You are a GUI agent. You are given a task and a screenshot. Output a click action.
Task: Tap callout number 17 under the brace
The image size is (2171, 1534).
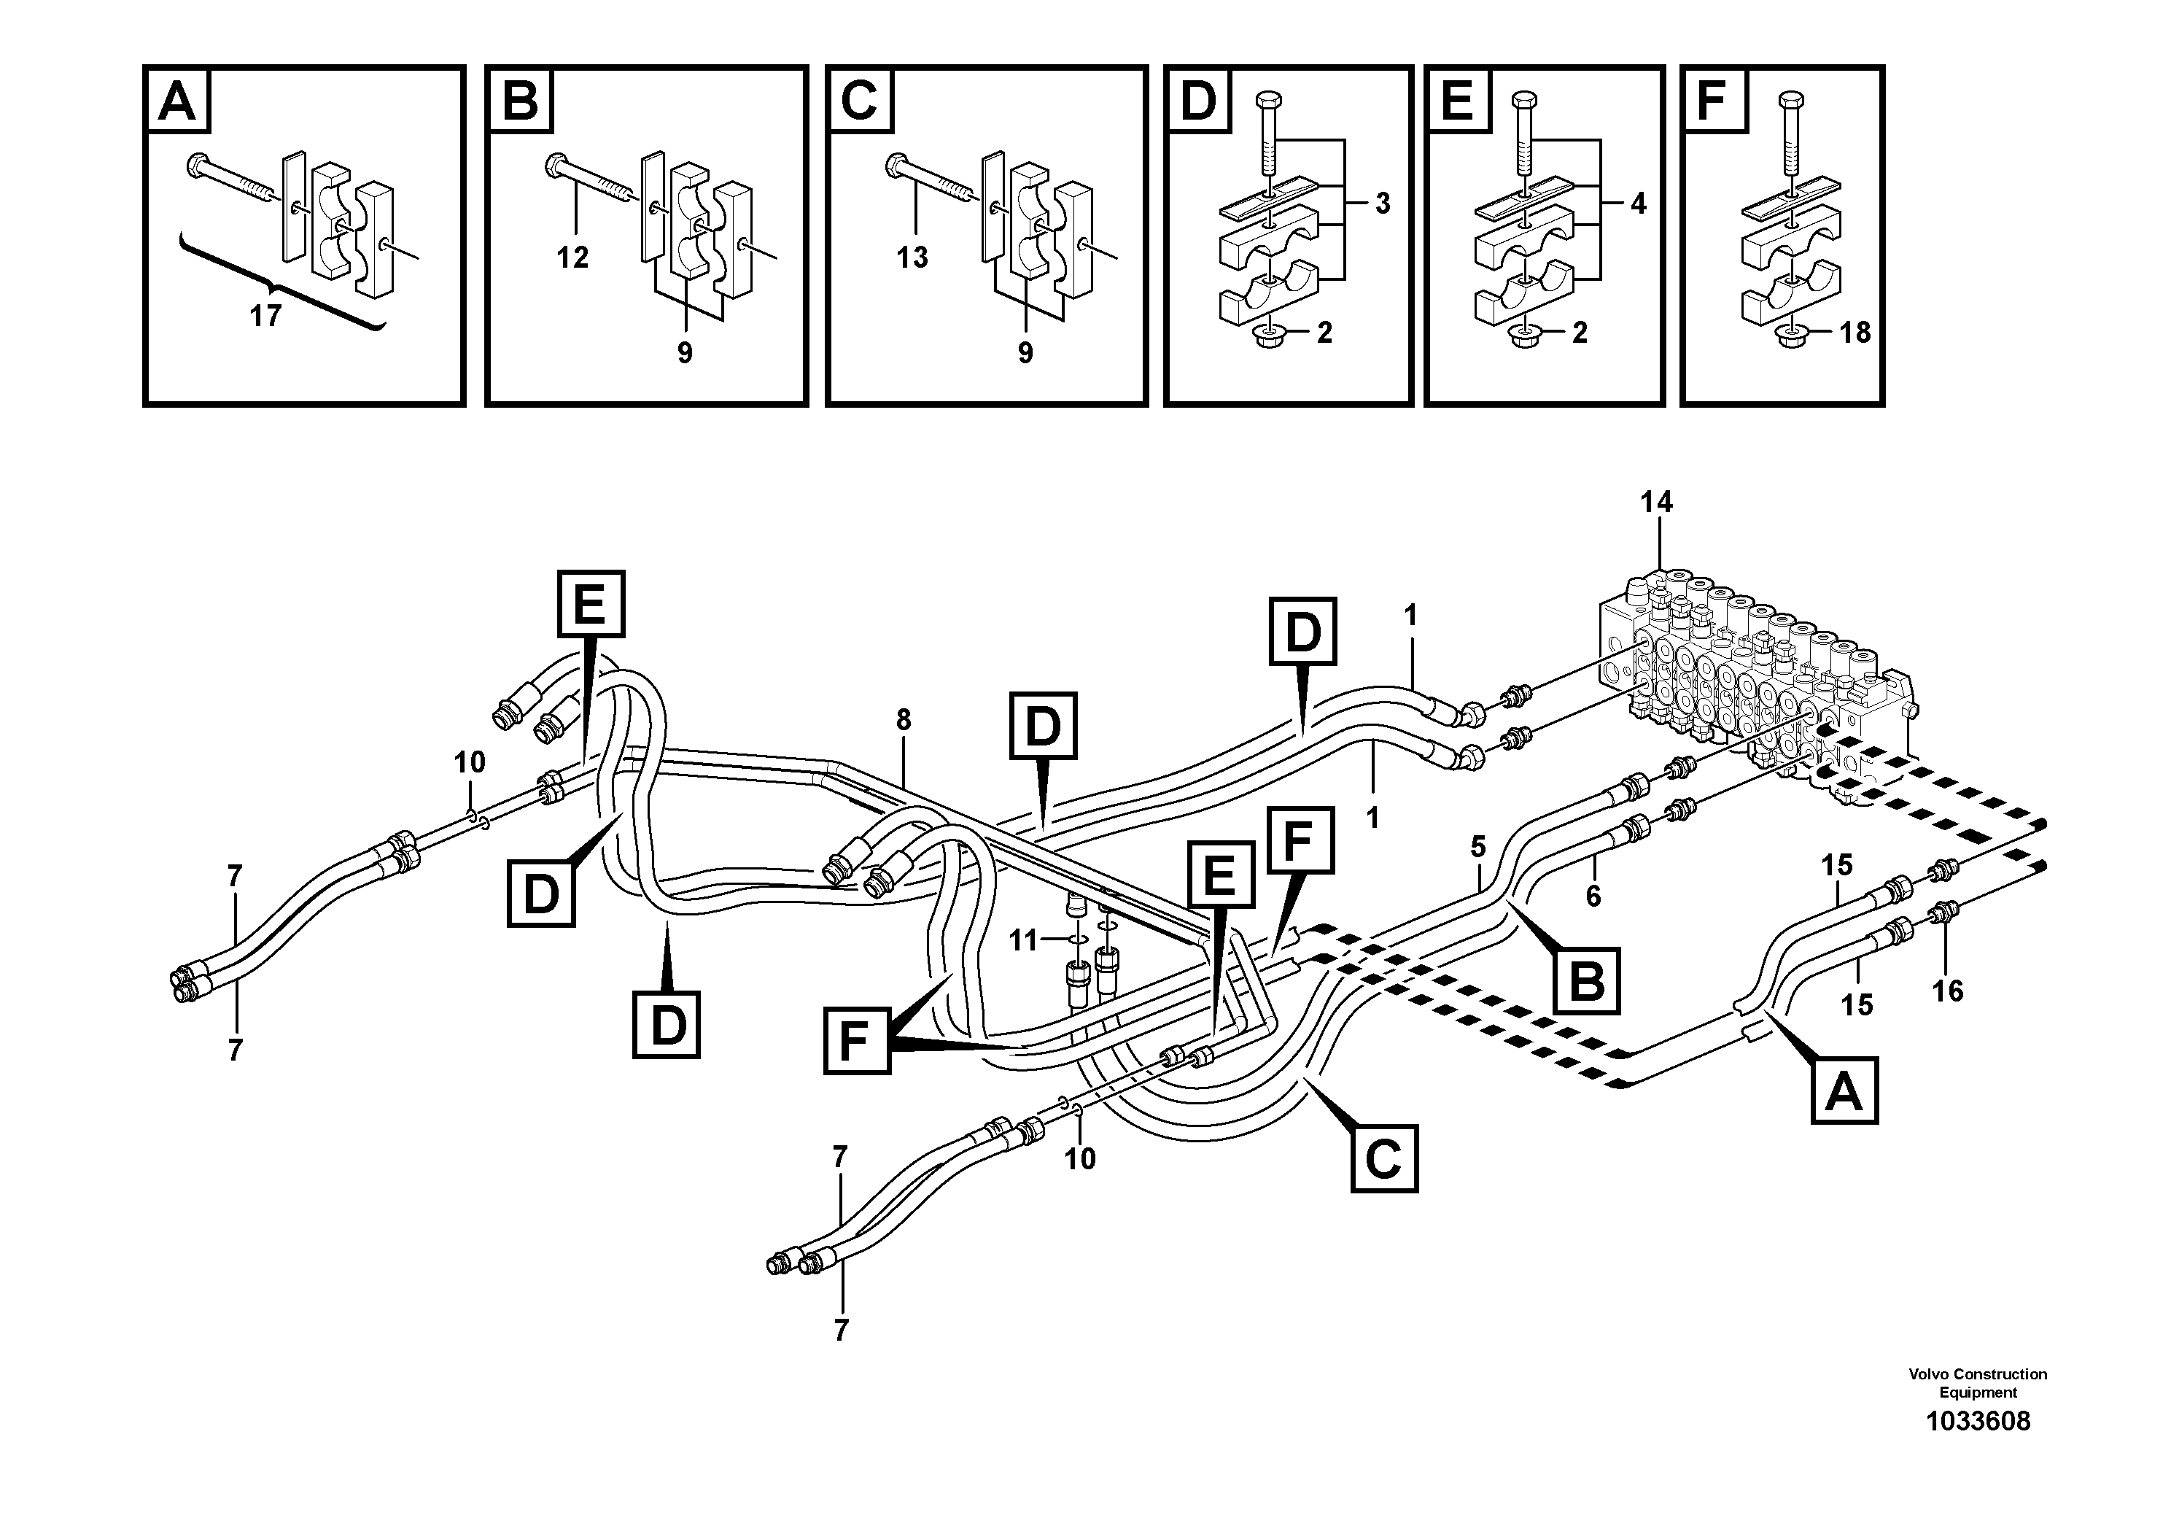point(265,316)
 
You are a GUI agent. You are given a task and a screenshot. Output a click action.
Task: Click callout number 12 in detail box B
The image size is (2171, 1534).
point(572,257)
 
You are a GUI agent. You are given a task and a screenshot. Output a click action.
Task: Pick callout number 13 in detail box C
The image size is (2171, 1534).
point(912,257)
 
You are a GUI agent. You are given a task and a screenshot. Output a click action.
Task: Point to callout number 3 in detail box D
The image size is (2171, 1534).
point(1383,204)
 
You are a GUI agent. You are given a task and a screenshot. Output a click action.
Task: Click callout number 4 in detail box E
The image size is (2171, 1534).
point(1638,204)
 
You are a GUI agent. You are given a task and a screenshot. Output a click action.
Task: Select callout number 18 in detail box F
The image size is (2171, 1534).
point(1855,332)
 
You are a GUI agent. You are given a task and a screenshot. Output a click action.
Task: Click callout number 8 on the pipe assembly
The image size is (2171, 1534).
point(903,721)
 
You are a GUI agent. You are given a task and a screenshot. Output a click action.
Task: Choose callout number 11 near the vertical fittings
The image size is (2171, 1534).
point(1023,940)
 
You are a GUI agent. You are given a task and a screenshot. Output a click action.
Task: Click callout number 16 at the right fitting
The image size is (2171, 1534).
point(1948,991)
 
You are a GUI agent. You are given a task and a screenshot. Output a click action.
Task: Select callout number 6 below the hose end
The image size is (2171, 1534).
point(1593,896)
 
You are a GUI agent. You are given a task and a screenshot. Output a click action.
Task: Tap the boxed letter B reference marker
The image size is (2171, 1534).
point(1587,982)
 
